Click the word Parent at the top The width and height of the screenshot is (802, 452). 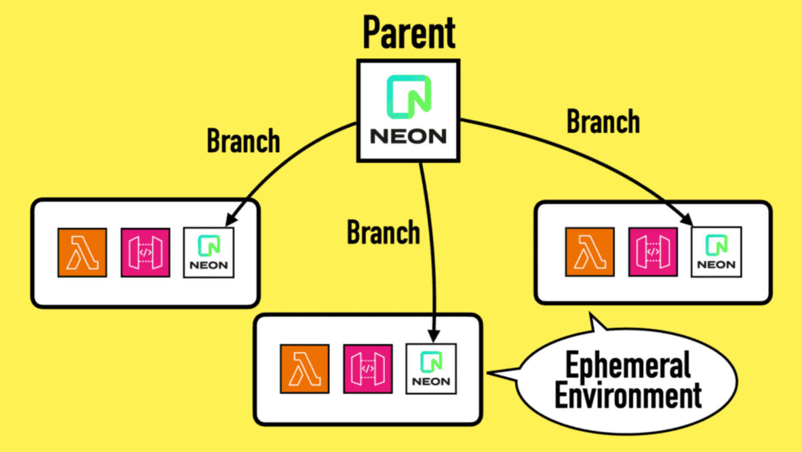point(409,33)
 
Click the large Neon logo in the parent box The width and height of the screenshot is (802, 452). point(409,97)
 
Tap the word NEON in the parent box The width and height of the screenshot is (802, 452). point(408,137)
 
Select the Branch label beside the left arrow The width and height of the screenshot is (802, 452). point(243,141)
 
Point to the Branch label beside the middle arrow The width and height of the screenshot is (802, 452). point(383,232)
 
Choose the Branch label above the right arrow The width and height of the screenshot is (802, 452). point(603,122)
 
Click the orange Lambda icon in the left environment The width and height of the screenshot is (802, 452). point(82,252)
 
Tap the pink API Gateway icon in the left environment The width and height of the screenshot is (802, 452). point(145,252)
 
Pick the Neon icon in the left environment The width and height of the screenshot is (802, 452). point(209,252)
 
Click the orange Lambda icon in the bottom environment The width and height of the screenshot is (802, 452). point(304,368)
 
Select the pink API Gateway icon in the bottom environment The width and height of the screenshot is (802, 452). point(368,368)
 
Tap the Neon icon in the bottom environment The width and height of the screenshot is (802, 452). point(431,368)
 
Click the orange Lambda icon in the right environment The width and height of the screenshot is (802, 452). point(590,251)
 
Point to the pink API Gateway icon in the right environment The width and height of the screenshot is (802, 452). point(653,251)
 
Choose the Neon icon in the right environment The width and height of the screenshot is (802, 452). point(716,251)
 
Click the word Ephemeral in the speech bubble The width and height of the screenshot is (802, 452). point(628,365)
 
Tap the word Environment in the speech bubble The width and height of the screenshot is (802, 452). point(628,396)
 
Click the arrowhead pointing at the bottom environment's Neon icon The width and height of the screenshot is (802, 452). point(434,336)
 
